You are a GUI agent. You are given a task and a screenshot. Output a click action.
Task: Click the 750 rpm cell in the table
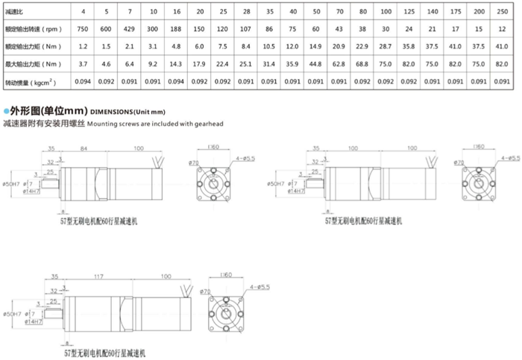click(84, 29)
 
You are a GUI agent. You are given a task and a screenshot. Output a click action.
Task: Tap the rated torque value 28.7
click(385, 46)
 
